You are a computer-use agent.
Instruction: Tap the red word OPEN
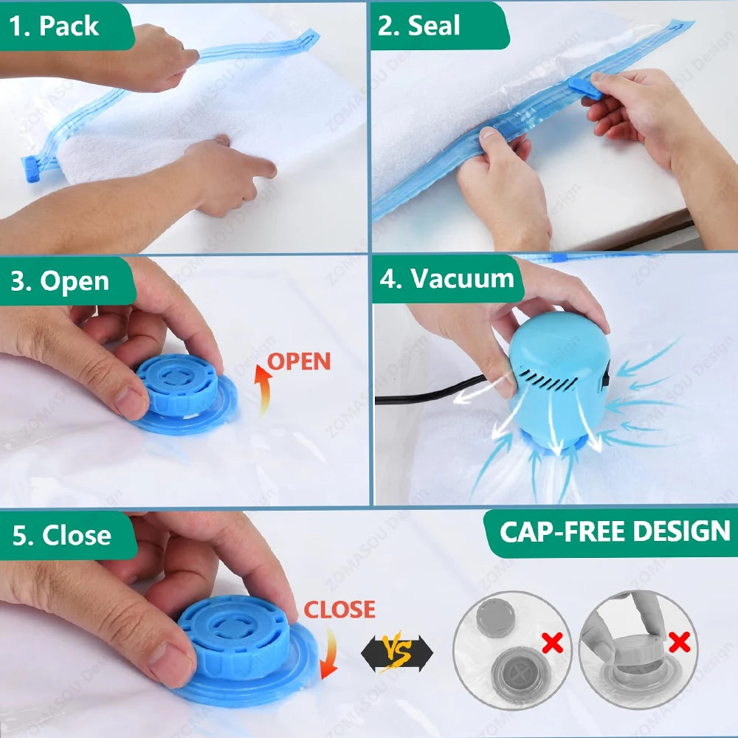299,362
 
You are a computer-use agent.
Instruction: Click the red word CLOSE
340,610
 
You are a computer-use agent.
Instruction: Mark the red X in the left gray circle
551,643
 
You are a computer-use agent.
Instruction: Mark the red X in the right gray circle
680,642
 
